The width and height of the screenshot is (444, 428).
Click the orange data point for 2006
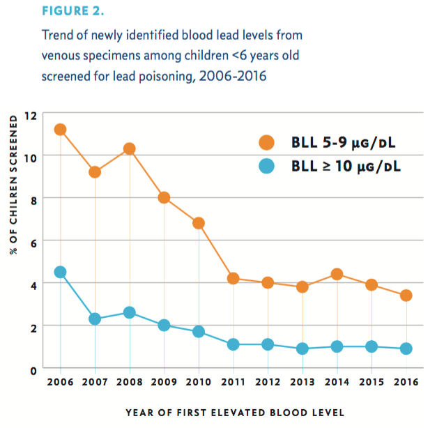(60, 129)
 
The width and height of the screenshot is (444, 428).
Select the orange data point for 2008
(129, 148)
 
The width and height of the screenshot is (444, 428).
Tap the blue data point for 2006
(60, 272)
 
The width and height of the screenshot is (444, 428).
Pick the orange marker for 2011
(233, 278)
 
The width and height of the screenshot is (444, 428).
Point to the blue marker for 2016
(406, 349)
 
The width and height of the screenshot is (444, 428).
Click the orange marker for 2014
(337, 274)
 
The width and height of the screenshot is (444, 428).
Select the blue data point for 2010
(199, 332)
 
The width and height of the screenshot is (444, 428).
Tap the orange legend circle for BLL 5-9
(266, 142)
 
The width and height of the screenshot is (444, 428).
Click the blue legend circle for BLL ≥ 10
(266, 167)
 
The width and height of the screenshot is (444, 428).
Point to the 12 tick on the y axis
(30, 114)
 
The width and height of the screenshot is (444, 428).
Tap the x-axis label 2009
(164, 383)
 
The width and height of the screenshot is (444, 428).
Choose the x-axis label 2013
(303, 383)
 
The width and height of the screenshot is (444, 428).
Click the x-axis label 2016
(406, 383)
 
